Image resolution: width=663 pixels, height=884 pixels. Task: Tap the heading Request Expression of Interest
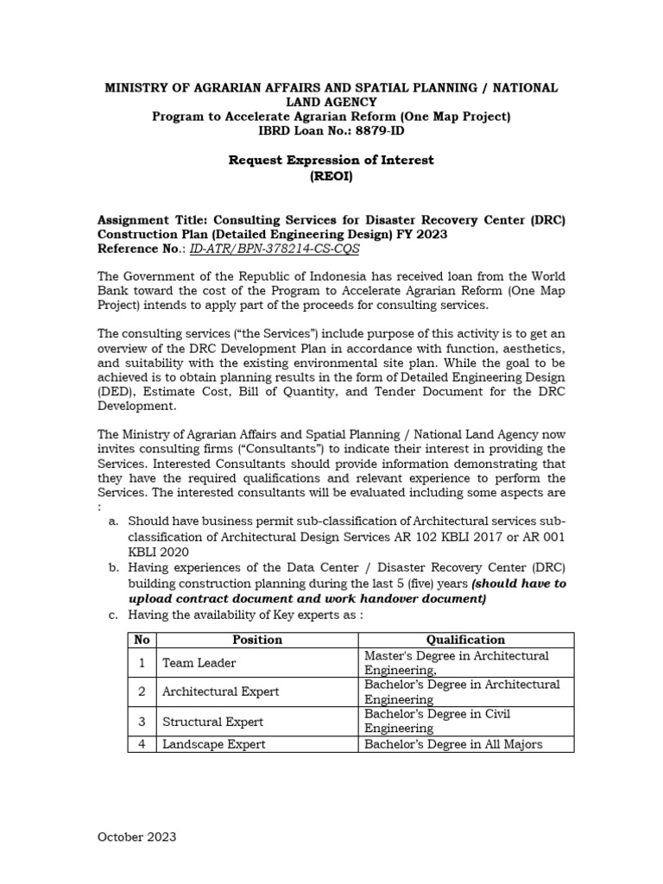331,160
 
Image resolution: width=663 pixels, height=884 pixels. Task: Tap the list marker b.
113,566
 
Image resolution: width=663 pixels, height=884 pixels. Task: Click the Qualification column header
465,640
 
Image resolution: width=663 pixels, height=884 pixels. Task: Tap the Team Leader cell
199,663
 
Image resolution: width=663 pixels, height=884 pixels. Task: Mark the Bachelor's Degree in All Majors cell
453,743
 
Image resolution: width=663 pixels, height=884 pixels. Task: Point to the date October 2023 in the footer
136,837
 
